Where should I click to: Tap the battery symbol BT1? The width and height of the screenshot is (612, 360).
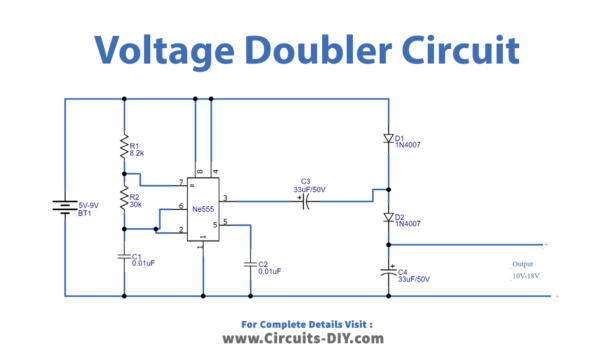coord(66,209)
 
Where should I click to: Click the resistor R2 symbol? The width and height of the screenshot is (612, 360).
coord(123,199)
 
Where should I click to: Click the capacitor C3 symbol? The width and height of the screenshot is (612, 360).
coord(305,200)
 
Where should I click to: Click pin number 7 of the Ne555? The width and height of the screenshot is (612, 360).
coord(181,181)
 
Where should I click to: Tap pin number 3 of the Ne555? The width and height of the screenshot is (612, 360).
coord(225,198)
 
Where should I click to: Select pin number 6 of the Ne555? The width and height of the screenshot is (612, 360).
coord(181,206)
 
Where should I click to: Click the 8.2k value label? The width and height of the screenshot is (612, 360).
coord(138,154)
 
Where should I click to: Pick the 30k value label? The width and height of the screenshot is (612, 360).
coord(136,204)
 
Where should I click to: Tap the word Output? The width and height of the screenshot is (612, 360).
coord(523,264)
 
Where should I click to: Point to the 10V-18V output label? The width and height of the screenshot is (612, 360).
coord(526,276)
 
